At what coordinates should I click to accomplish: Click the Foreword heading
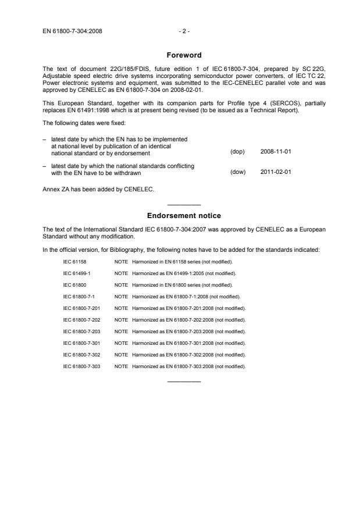pyautogui.click(x=184, y=55)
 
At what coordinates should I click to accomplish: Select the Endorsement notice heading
pyautogui.click(x=184, y=215)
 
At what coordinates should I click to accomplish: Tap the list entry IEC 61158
pyautogui.click(x=73, y=261)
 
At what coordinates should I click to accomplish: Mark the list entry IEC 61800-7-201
pyautogui.click(x=81, y=308)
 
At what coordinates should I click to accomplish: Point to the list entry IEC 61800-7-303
pyautogui.click(x=81, y=366)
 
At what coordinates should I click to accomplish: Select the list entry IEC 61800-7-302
pyautogui.click(x=81, y=355)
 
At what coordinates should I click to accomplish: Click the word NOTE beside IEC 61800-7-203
pyautogui.click(x=121, y=331)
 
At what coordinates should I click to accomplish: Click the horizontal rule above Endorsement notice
pyautogui.click(x=184, y=205)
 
